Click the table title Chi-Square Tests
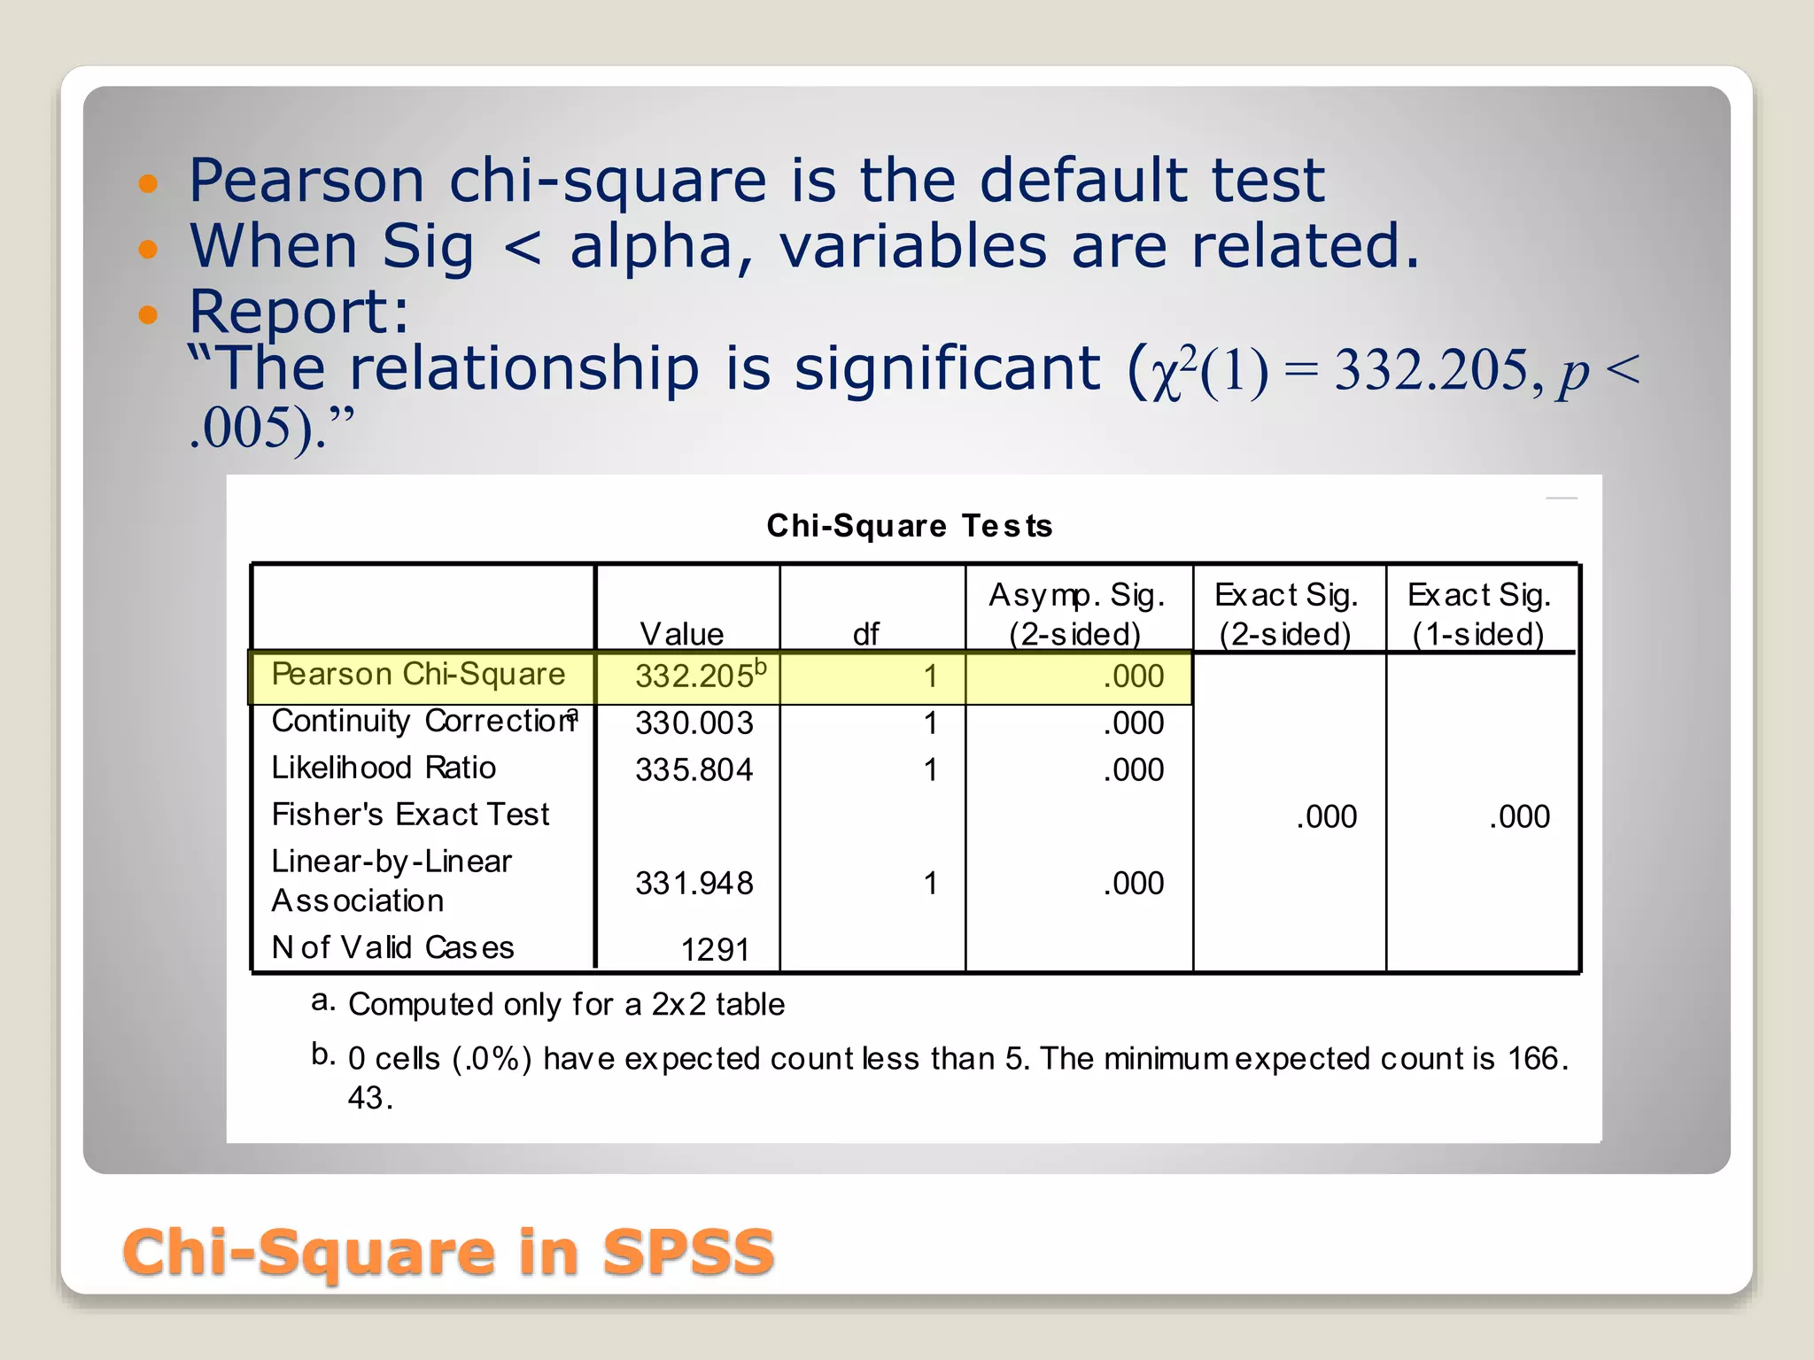click(909, 526)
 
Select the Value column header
click(681, 634)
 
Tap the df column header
click(865, 634)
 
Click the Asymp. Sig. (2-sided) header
click(1076, 614)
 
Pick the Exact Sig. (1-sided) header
click(1478, 614)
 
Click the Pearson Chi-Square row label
click(418, 675)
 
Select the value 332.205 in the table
click(694, 676)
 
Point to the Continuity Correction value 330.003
click(694, 723)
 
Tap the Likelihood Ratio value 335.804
click(694, 770)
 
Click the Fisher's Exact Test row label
click(410, 815)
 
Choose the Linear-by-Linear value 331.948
click(694, 884)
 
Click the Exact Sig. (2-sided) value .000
click(1326, 817)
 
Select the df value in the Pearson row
click(930, 676)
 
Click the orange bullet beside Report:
click(148, 313)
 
